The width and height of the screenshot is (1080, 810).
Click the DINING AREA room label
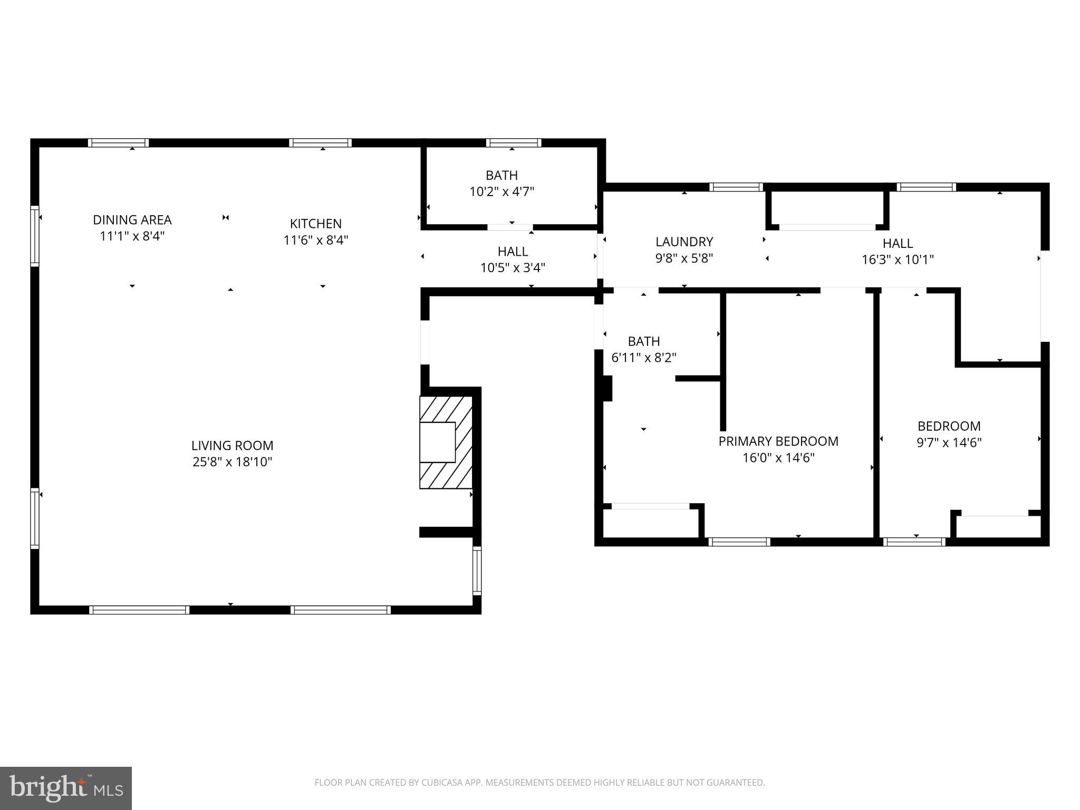132,220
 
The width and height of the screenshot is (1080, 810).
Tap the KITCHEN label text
316,224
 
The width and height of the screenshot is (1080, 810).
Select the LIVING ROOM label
232,446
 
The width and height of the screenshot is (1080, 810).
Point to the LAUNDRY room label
684,242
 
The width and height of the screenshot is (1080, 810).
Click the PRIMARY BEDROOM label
778,441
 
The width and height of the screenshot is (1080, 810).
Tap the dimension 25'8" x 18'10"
232,462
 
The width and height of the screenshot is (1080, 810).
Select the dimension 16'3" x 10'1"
898,259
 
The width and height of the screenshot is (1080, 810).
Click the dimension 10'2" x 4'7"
502,191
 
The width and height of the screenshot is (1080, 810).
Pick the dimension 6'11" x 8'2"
644,358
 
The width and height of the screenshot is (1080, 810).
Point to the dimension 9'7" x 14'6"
949,442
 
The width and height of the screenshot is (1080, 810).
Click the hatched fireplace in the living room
446,442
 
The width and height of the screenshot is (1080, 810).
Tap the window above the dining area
118,142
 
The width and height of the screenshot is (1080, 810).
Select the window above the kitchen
320,142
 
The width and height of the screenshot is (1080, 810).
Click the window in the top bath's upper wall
514,142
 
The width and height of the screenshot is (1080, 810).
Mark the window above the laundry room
736,187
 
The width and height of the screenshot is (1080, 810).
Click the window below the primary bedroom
739,542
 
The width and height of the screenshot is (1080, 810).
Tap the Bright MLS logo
66,788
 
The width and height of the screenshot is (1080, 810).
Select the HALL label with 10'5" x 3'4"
513,252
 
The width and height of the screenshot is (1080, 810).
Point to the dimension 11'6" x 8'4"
316,240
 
